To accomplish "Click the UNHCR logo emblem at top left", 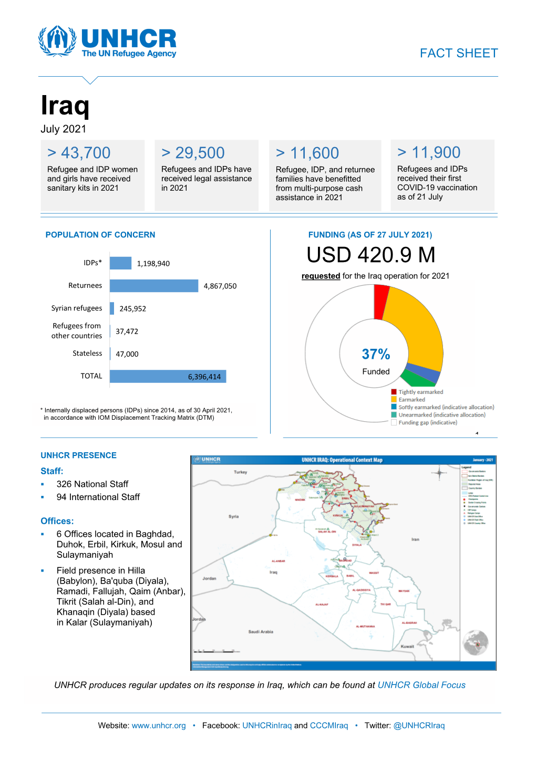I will (57, 40).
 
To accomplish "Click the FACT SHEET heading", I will (459, 53).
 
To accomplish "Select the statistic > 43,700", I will (79, 153).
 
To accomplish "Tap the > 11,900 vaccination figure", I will (429, 152).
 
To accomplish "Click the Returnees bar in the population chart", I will (154, 286).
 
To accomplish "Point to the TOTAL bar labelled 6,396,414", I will (168, 377).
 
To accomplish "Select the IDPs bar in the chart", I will (120, 263).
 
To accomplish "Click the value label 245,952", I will (132, 309).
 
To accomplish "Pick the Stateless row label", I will (87, 354).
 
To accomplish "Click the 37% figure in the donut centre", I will (376, 354).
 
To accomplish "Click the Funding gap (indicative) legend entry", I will (427, 423).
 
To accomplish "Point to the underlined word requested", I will (321, 276).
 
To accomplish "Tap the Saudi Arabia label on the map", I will (261, 632).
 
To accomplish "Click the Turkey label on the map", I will (240, 472).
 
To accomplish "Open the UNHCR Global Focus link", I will (421, 685).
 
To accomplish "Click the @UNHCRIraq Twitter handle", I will (419, 725).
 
